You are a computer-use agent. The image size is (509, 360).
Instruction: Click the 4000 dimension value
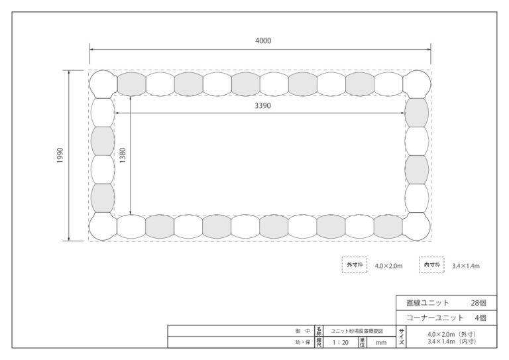pos(263,40)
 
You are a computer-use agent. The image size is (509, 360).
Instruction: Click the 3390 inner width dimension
pos(262,105)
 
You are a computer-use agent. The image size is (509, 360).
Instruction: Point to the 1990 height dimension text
pos(60,156)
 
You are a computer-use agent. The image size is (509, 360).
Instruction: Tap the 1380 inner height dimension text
pos(123,156)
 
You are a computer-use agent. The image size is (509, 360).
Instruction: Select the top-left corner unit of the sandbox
pos(103,84)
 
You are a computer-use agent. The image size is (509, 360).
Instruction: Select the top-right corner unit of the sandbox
pos(417,84)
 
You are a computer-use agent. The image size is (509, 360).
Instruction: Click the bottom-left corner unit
pos(103,227)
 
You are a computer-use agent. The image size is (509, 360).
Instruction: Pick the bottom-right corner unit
pos(416,227)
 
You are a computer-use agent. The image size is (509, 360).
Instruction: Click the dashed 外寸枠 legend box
pos(355,265)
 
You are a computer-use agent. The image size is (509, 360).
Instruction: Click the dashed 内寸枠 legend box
pos(431,265)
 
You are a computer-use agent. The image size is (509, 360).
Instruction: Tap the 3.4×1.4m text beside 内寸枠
pos(466,266)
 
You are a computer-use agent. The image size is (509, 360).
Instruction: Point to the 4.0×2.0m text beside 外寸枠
pos(388,266)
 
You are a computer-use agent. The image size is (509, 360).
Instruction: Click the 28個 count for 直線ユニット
pos(479,303)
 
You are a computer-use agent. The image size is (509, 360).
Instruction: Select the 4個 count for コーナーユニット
pos(481,318)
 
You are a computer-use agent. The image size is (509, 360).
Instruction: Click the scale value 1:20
pos(341,343)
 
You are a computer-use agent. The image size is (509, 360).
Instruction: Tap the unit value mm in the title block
pos(381,343)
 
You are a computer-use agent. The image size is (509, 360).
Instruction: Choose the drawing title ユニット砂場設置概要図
pos(357,331)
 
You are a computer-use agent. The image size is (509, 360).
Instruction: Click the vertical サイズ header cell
pos(402,337)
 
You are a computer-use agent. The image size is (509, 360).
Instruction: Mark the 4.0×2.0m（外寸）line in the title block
pos(451,334)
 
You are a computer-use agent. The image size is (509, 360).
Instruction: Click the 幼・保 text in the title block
pos(302,343)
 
